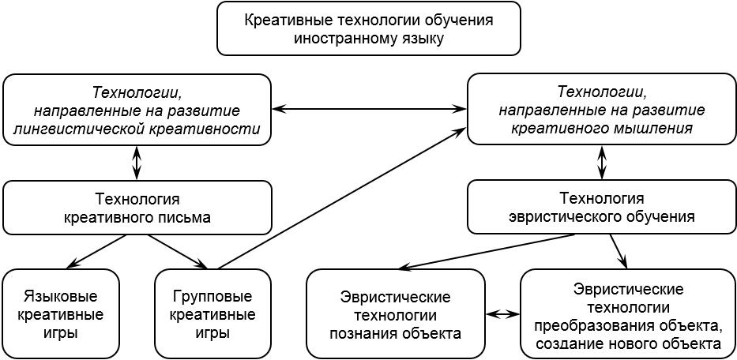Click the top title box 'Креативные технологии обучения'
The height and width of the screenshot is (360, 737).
[x=369, y=28]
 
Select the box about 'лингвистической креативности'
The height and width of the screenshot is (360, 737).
[x=137, y=110]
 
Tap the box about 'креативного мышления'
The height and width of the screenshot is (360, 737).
[x=601, y=109]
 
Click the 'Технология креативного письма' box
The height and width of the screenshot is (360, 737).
[x=137, y=208]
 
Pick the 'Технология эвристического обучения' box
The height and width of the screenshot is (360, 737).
[x=601, y=207]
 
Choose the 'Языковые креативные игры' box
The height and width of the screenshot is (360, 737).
[x=61, y=314]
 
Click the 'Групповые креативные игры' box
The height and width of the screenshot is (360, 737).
[x=212, y=314]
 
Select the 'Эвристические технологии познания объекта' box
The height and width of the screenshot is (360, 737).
[x=395, y=314]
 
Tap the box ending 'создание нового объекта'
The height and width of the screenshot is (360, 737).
[x=627, y=314]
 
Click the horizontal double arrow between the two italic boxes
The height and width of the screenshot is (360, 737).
[x=369, y=109]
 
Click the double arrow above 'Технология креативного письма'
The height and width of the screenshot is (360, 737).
[x=137, y=163]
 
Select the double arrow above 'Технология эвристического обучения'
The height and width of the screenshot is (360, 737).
[x=601, y=163]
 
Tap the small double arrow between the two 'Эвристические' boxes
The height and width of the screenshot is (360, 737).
[x=502, y=314]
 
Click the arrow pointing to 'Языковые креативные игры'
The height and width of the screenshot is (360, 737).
[x=96, y=252]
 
